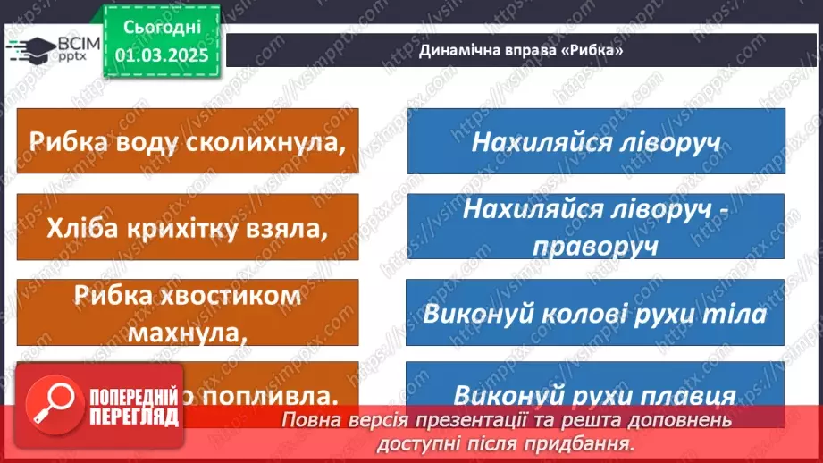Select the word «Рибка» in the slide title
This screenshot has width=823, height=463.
click(x=591, y=51)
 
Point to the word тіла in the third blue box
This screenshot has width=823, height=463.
click(x=739, y=315)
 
